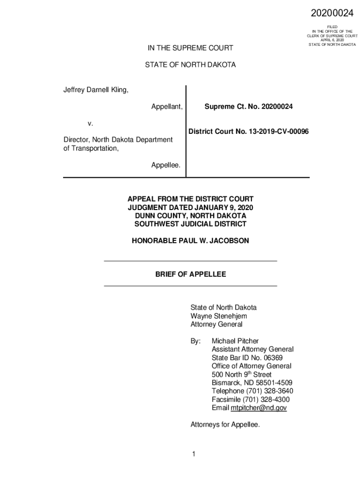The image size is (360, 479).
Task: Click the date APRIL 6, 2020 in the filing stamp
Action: pyautogui.click(x=332, y=40)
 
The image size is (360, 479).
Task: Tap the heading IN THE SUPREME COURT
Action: pyautogui.click(x=190, y=48)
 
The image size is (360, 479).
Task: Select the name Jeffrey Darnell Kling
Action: pyautogui.click(x=96, y=89)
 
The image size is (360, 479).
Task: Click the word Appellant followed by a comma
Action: pyautogui.click(x=166, y=107)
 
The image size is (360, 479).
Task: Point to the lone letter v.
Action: pyautogui.click(x=90, y=123)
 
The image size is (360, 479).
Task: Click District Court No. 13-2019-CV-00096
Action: pyautogui.click(x=248, y=132)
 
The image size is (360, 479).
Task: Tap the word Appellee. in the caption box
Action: pyautogui.click(x=166, y=165)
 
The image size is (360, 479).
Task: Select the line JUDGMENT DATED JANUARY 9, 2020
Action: pyautogui.click(x=190, y=207)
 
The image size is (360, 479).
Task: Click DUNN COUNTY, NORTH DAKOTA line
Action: pyautogui.click(x=190, y=216)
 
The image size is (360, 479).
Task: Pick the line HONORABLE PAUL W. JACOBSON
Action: pyautogui.click(x=190, y=241)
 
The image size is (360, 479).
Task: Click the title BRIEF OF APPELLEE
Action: pyautogui.click(x=190, y=274)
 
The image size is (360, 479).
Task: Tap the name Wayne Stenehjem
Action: pyautogui.click(x=218, y=316)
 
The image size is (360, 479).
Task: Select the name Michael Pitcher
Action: pyautogui.click(x=235, y=341)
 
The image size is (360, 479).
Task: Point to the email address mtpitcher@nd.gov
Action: pyautogui.click(x=259, y=408)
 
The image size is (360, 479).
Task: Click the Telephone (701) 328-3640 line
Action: pyautogui.click(x=252, y=391)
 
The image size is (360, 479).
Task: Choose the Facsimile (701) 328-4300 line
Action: pyautogui.click(x=251, y=399)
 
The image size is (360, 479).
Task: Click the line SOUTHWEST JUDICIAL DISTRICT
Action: pyautogui.click(x=190, y=224)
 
